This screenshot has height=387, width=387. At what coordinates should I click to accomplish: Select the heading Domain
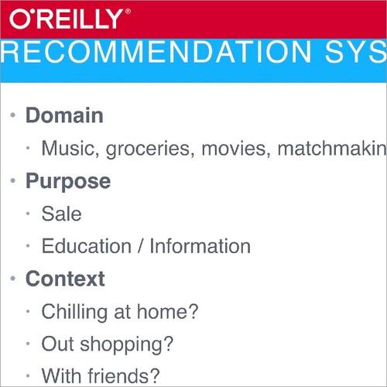(x=64, y=116)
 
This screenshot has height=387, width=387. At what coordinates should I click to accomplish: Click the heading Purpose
(x=68, y=181)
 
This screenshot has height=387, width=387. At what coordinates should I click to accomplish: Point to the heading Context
(x=65, y=278)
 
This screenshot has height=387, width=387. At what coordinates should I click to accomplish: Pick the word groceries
(x=150, y=149)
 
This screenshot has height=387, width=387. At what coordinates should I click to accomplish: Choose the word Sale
(x=61, y=214)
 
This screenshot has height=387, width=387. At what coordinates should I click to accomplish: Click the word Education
(x=86, y=246)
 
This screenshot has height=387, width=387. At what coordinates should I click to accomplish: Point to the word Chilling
(x=75, y=311)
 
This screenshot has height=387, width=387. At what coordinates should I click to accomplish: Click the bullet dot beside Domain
(x=12, y=116)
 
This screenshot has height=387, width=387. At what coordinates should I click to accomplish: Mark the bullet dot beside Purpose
(x=12, y=181)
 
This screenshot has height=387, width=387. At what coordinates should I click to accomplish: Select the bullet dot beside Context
(x=12, y=278)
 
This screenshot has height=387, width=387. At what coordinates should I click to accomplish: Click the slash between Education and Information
(x=140, y=246)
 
